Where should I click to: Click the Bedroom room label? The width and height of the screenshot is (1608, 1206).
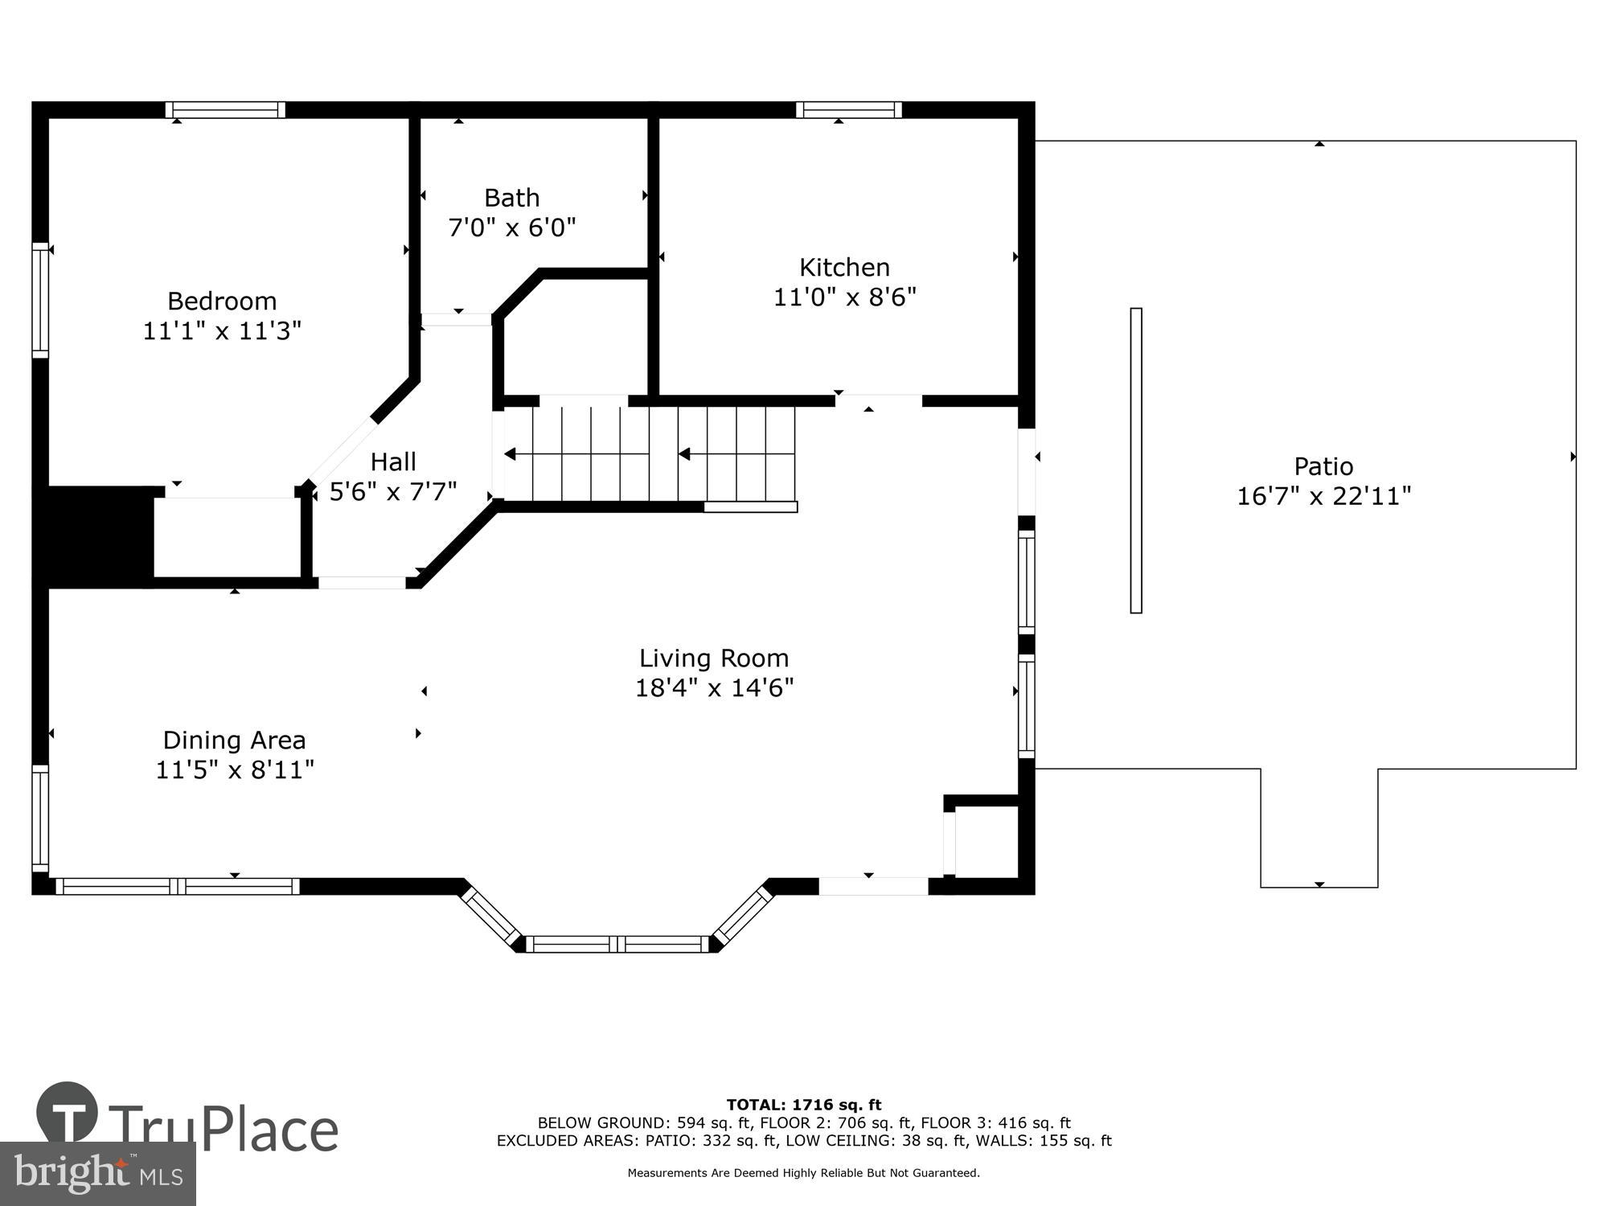(x=222, y=301)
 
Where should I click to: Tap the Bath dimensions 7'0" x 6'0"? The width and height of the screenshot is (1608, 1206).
(x=512, y=228)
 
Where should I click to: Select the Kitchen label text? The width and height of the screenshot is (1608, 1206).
(x=844, y=268)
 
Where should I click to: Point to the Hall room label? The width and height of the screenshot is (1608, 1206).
(x=393, y=461)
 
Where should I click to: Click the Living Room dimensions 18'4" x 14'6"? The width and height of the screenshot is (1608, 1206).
(x=715, y=688)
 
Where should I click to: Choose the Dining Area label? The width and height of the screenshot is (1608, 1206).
(x=234, y=740)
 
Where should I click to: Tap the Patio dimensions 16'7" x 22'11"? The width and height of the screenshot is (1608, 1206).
(x=1323, y=496)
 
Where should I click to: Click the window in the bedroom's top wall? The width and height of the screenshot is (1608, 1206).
(x=225, y=110)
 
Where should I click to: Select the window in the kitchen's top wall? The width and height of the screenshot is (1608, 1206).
(x=849, y=110)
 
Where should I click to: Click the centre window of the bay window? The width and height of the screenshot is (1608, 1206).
(x=617, y=944)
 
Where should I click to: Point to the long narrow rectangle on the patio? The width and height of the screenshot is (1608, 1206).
(x=1136, y=461)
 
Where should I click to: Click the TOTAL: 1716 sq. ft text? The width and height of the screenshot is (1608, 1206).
(x=804, y=1105)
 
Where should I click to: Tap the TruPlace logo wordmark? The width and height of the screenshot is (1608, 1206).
(x=187, y=1122)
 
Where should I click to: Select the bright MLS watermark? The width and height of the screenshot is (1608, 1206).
(x=98, y=1174)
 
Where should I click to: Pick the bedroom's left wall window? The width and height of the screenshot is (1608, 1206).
(x=40, y=300)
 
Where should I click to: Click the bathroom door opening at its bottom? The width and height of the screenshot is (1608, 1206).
(x=457, y=319)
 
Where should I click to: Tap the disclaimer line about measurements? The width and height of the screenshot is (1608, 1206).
(x=804, y=1173)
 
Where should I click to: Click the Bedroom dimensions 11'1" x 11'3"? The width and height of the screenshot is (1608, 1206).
(x=222, y=331)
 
